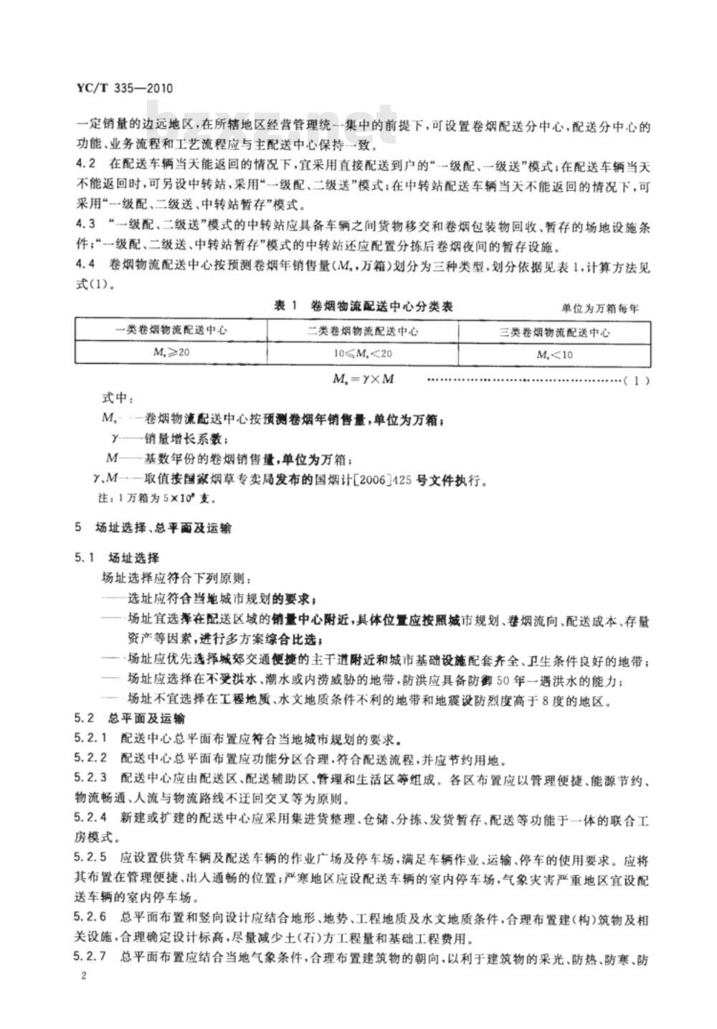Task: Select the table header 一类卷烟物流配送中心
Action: (171, 332)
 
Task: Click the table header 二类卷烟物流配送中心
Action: (364, 332)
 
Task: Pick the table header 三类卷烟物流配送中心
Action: (554, 332)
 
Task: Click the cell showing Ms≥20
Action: (171, 353)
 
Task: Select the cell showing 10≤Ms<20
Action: (363, 354)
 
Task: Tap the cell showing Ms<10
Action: (554, 354)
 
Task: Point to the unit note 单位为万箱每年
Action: (599, 309)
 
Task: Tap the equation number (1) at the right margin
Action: (637, 380)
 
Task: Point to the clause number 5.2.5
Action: (91, 857)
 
